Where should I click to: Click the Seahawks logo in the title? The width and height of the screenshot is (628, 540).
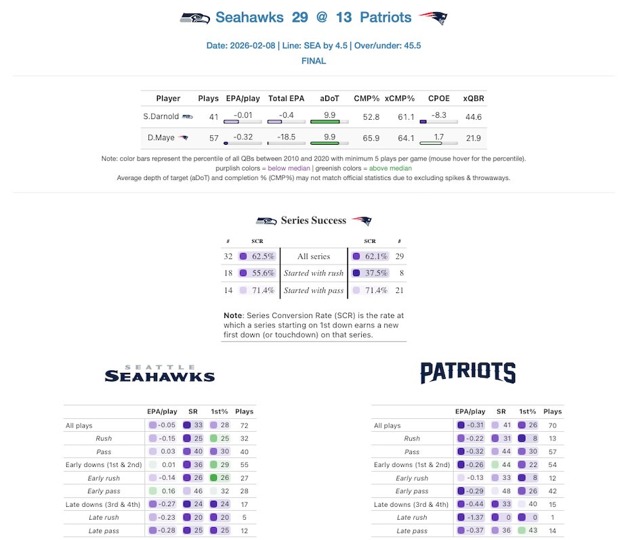coord(194,18)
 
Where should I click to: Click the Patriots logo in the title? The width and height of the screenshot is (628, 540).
coord(433,18)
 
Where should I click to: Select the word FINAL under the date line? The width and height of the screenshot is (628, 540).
coord(314,61)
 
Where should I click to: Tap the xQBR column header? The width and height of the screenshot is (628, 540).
coord(474,98)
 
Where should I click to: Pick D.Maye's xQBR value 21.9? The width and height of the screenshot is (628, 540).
coord(474,138)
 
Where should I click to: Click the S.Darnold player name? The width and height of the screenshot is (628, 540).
coord(160,117)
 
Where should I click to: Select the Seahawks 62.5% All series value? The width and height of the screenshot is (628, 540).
coord(262,256)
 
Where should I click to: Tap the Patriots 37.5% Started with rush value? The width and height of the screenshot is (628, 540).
coord(376,273)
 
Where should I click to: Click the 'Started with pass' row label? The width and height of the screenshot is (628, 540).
coord(314,290)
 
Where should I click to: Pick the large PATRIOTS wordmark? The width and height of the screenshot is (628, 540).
coord(467,373)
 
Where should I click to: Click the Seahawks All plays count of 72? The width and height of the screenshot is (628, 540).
coord(244,426)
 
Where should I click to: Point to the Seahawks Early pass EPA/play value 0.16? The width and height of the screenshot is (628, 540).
coord(166,491)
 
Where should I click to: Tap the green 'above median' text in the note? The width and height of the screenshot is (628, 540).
coord(390,168)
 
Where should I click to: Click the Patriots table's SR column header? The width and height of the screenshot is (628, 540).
coord(501,411)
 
